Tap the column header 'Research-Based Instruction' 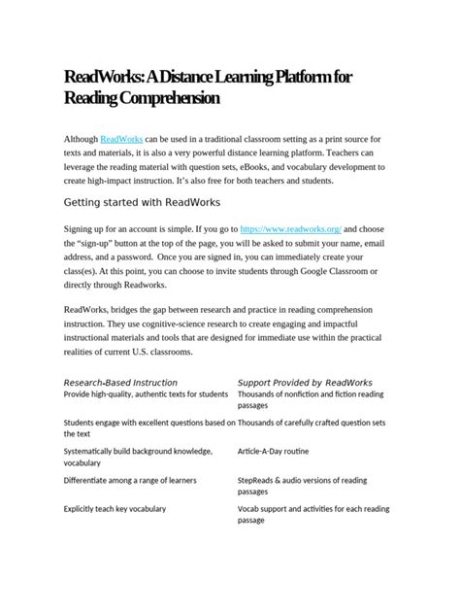120,382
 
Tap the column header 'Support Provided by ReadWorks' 311,382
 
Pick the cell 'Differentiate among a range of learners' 129,480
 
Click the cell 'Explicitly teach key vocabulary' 115,508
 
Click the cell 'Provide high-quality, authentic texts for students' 146,394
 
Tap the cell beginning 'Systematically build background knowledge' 138,452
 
